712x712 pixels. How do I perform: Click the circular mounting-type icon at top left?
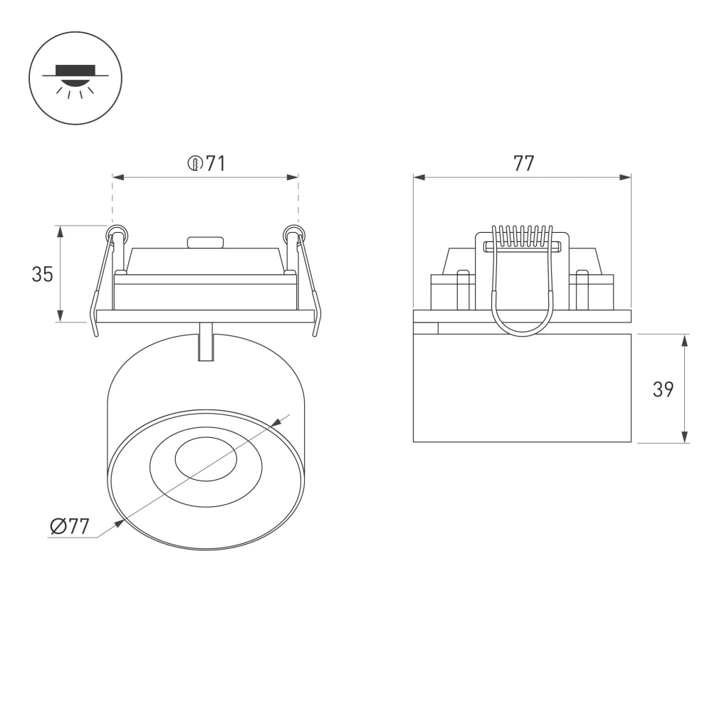click(x=75, y=78)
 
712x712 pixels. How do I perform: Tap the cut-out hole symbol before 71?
click(x=195, y=164)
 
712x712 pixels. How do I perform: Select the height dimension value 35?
click(x=43, y=274)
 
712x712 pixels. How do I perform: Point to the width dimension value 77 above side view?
click(x=523, y=164)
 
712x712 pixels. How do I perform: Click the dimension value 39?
click(x=663, y=389)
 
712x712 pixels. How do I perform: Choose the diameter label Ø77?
click(x=70, y=527)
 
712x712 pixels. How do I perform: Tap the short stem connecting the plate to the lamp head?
click(x=206, y=342)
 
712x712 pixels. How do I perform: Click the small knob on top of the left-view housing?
click(x=206, y=242)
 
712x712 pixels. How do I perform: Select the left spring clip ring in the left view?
click(x=117, y=234)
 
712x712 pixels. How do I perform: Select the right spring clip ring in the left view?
click(x=293, y=234)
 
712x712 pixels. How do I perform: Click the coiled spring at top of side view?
click(x=523, y=236)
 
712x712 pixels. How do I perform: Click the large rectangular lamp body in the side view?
click(x=522, y=388)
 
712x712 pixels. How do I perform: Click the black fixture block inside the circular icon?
click(x=75, y=70)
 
